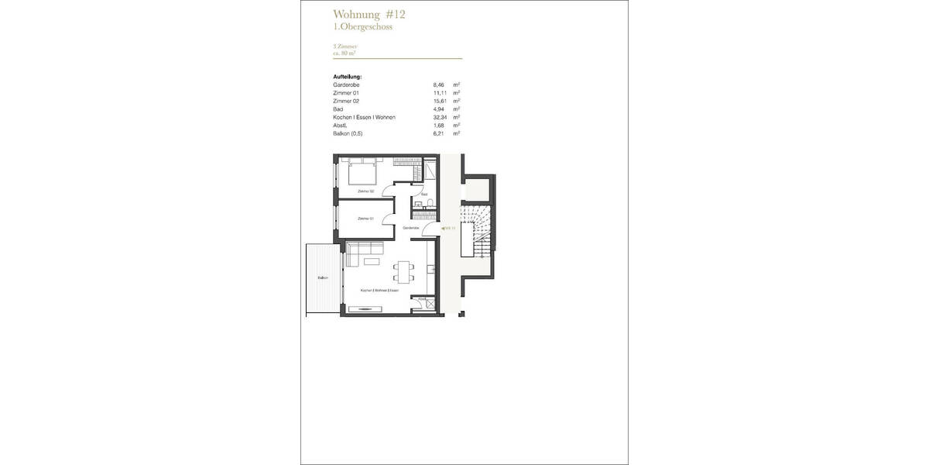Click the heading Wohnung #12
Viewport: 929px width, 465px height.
point(369,14)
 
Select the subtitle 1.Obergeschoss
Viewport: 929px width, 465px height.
point(362,27)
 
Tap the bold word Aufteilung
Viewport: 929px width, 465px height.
point(347,77)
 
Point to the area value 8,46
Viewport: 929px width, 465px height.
point(439,84)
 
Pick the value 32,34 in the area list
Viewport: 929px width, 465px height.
point(439,117)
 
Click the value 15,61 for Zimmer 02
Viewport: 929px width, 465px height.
point(439,101)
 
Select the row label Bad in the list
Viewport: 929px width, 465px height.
point(338,109)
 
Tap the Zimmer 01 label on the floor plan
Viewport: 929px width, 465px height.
point(366,219)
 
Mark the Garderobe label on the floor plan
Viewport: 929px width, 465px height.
point(411,229)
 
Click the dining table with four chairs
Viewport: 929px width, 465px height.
point(403,270)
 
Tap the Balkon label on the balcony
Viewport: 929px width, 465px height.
point(322,277)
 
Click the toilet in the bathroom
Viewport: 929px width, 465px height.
point(429,204)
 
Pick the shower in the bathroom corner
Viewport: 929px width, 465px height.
point(428,171)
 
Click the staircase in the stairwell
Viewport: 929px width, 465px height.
point(475,229)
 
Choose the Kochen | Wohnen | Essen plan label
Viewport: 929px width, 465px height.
point(380,291)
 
